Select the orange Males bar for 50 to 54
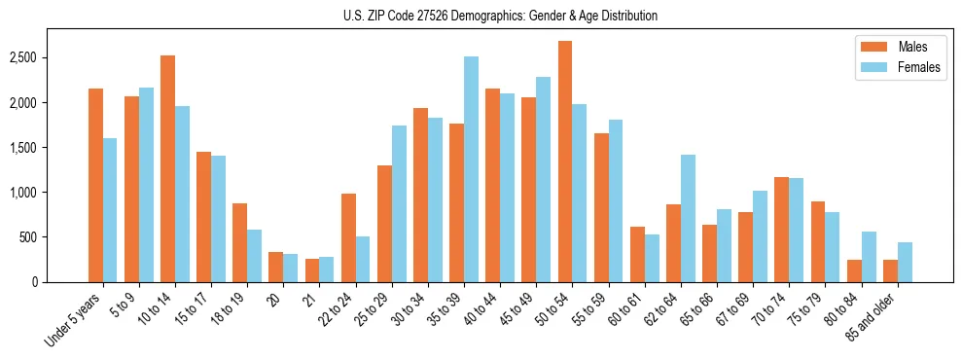tap(565, 162)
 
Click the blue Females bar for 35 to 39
tap(471, 169)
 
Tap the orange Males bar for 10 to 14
tap(168, 168)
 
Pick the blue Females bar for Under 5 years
tap(110, 210)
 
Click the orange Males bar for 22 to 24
tap(348, 237)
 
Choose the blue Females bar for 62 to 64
tap(688, 218)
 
